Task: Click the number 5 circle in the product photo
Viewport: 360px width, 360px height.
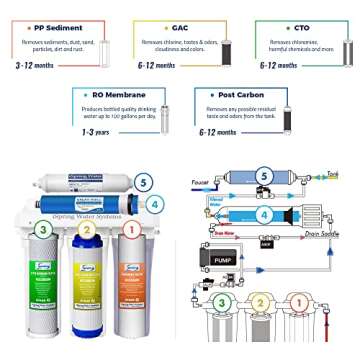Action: (x=144, y=182)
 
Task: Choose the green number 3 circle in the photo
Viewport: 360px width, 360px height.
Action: (x=43, y=229)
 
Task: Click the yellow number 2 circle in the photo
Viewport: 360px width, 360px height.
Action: (x=88, y=229)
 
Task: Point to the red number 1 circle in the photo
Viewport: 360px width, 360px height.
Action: (x=129, y=229)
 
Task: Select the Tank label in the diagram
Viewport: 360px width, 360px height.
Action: (x=332, y=174)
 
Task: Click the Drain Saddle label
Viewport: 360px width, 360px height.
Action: (x=322, y=234)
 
